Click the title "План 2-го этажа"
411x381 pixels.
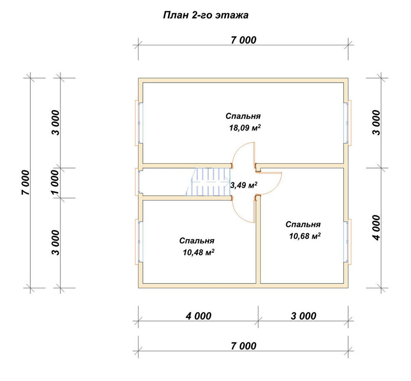(x=205, y=15)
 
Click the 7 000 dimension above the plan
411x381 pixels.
(x=243, y=40)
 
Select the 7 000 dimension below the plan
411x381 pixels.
(x=243, y=346)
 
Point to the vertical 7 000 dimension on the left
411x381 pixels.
(x=25, y=182)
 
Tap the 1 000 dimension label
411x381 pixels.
(x=55, y=182)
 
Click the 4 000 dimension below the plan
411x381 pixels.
(x=199, y=316)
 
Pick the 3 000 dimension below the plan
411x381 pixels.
(x=304, y=316)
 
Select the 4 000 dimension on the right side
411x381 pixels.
(x=376, y=228)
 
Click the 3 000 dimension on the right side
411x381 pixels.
(x=376, y=122)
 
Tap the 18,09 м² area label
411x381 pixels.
(x=245, y=127)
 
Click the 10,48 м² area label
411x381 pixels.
(x=199, y=252)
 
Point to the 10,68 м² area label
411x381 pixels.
(x=305, y=236)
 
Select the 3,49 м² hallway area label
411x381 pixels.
(x=243, y=185)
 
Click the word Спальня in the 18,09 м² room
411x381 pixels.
(x=243, y=116)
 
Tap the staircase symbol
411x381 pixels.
(x=208, y=182)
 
